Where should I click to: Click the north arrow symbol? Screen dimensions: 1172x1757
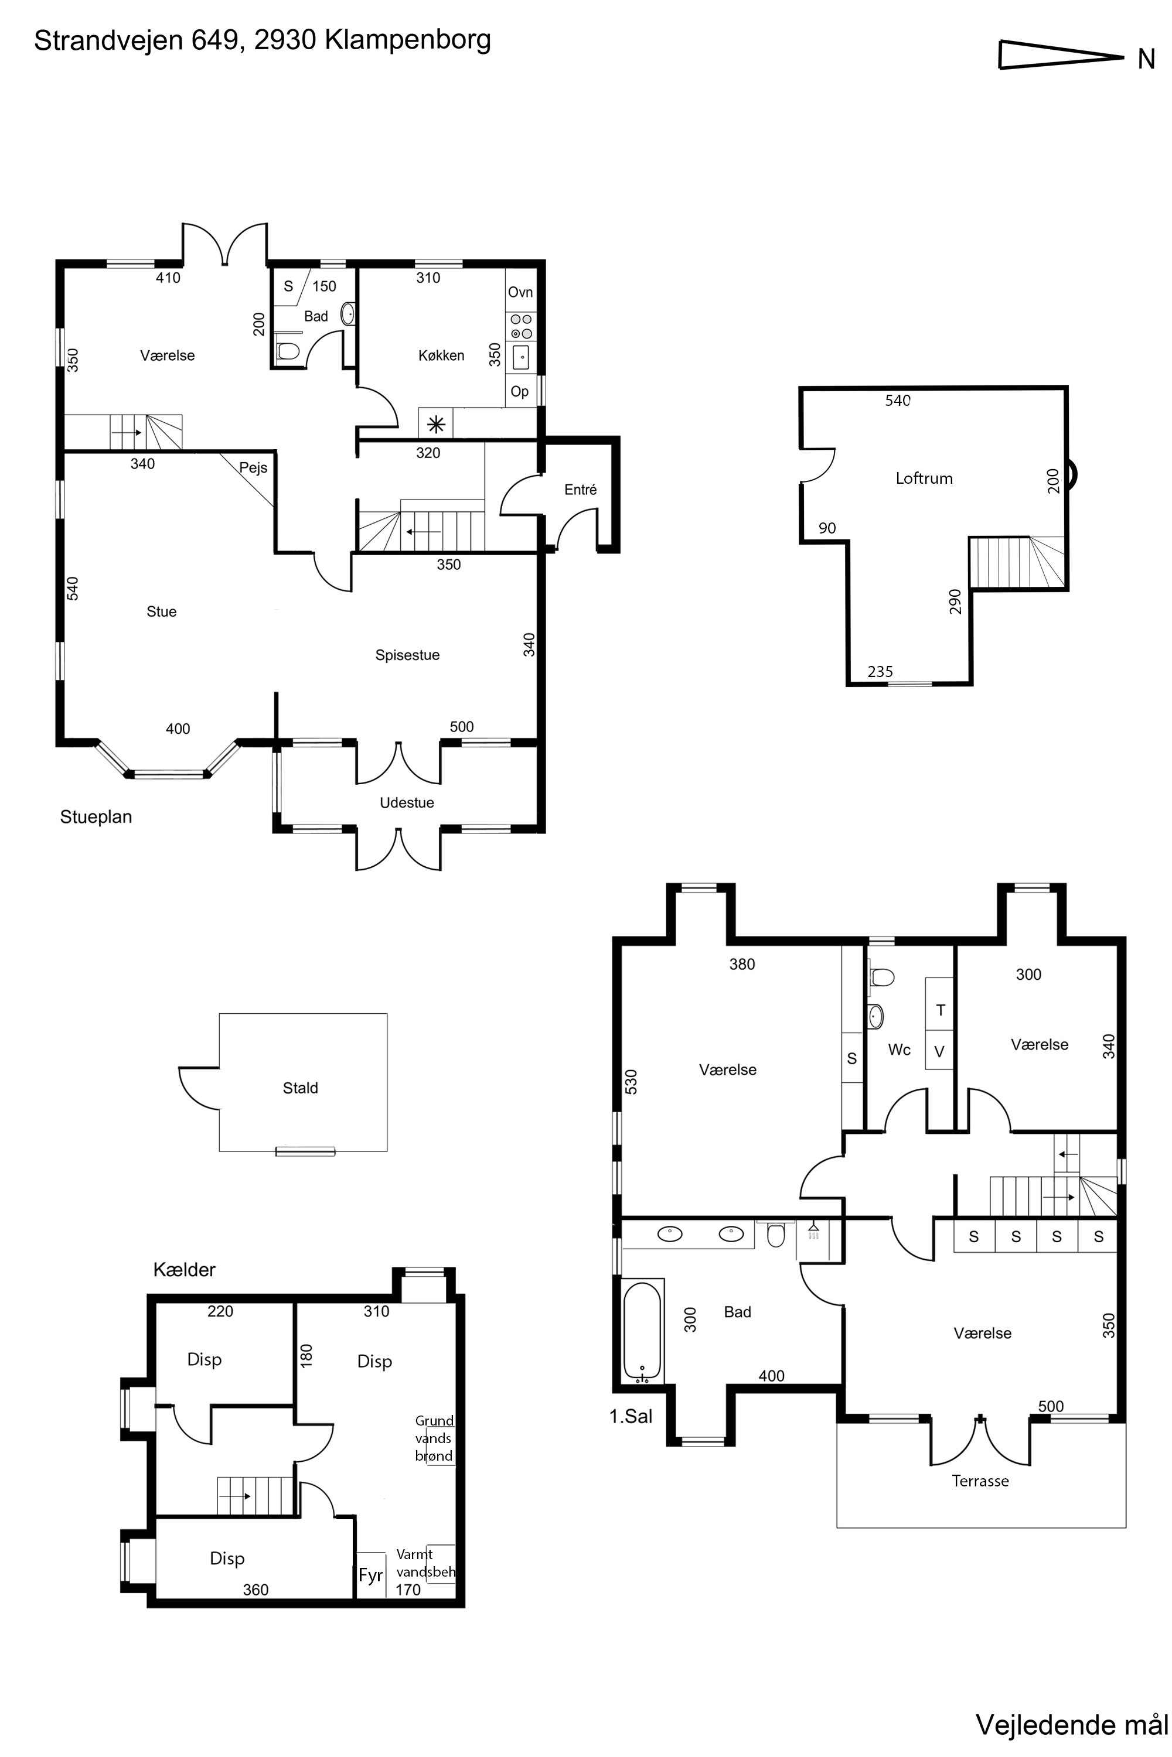click(x=1061, y=55)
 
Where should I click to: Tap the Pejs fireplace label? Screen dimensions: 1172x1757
click(x=253, y=469)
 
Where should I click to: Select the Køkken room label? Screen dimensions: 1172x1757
click(x=441, y=355)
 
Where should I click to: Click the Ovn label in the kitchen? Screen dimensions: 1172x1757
click(x=520, y=292)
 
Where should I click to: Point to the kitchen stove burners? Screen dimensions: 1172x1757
click(x=521, y=326)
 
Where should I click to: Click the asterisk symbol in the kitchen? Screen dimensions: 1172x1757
click(x=436, y=425)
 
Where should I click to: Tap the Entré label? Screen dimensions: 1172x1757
click(x=580, y=490)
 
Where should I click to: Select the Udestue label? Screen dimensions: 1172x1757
click(x=407, y=803)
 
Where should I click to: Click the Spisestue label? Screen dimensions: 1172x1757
click(x=407, y=655)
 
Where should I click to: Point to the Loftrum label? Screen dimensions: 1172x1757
click(x=924, y=478)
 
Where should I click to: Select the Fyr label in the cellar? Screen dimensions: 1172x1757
click(x=370, y=1575)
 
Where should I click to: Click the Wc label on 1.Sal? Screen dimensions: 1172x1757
click(x=899, y=1050)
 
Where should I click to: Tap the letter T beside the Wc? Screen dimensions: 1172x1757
click(x=941, y=1010)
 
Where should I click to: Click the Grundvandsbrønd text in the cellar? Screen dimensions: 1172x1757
click(x=434, y=1438)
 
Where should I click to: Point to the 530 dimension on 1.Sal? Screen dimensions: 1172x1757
click(x=632, y=1082)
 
